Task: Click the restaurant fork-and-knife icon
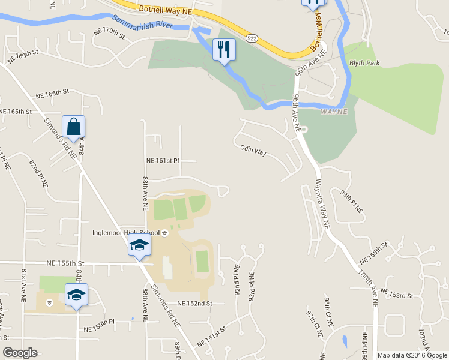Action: (224, 49)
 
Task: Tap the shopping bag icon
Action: (73, 127)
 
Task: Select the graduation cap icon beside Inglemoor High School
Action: (139, 245)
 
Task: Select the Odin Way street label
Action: (253, 151)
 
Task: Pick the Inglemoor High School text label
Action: (126, 233)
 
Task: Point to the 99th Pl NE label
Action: (352, 202)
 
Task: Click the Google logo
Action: (20, 353)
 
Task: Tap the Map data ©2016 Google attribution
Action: (412, 355)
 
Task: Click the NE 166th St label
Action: (52, 94)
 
